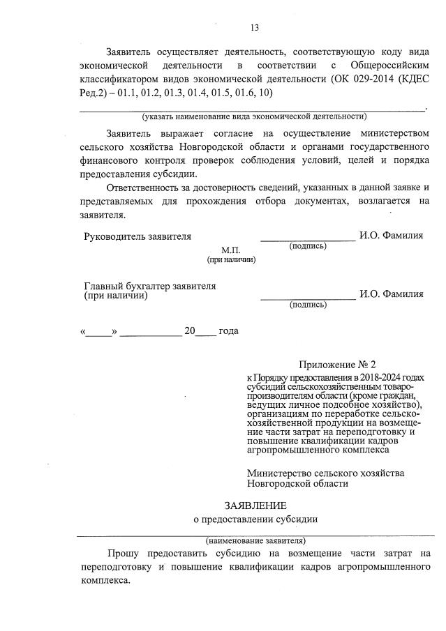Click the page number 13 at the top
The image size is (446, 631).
(x=254, y=28)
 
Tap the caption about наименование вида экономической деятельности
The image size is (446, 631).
(x=254, y=116)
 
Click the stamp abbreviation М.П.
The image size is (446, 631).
(x=230, y=250)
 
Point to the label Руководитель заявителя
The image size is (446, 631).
(x=137, y=236)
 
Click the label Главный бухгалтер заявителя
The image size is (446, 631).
(x=150, y=286)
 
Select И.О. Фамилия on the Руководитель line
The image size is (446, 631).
(x=392, y=236)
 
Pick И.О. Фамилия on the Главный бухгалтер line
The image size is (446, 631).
(x=392, y=294)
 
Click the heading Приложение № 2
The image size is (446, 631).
(x=337, y=365)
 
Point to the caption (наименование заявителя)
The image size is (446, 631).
(x=255, y=540)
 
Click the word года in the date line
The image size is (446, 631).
(x=229, y=331)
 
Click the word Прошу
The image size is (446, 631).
(x=123, y=554)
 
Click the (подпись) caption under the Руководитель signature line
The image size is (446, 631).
(x=308, y=246)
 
